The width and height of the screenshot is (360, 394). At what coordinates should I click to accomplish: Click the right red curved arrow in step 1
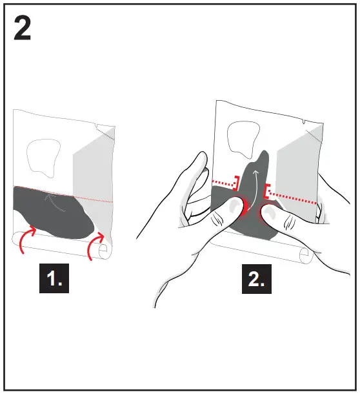(x=97, y=247)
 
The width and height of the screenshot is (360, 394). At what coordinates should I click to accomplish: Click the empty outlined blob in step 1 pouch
(x=43, y=157)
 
